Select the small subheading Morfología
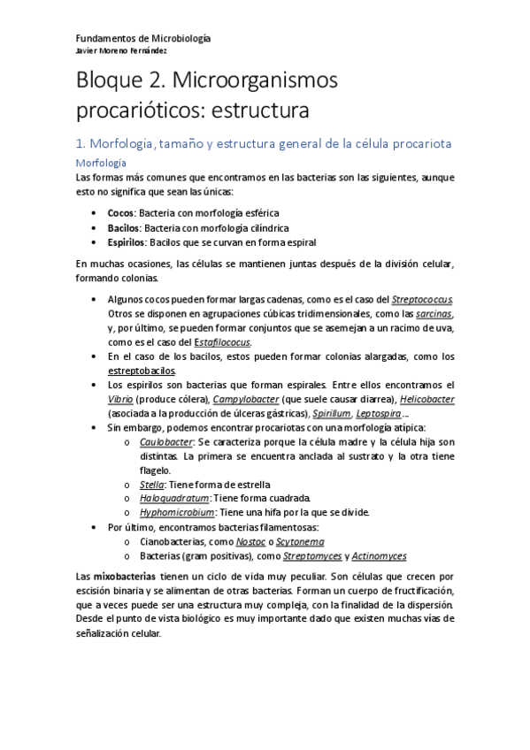(x=102, y=163)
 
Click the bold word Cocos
(x=120, y=213)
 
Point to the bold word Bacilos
(x=124, y=227)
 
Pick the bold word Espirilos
(x=127, y=241)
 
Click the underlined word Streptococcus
(x=423, y=300)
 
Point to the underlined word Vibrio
(x=121, y=399)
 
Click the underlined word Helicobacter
(x=420, y=399)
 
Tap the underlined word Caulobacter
(x=166, y=441)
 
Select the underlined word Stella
(x=151, y=484)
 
